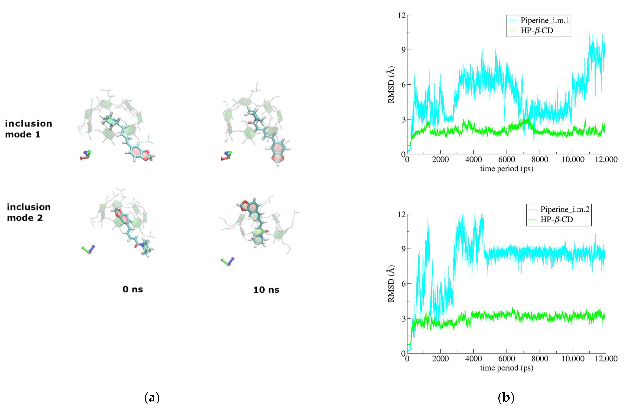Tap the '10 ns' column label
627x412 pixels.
[266, 290]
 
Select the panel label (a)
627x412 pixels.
[152, 398]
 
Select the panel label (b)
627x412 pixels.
[506, 398]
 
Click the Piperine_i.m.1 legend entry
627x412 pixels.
[544, 20]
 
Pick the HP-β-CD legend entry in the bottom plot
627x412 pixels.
[556, 219]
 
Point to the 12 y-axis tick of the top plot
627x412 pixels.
[402, 15]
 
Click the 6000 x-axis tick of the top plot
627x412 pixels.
[507, 159]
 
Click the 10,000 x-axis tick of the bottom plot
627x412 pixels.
[573, 359]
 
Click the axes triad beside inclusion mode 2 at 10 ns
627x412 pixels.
[228, 262]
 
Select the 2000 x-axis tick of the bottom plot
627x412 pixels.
[440, 359]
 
